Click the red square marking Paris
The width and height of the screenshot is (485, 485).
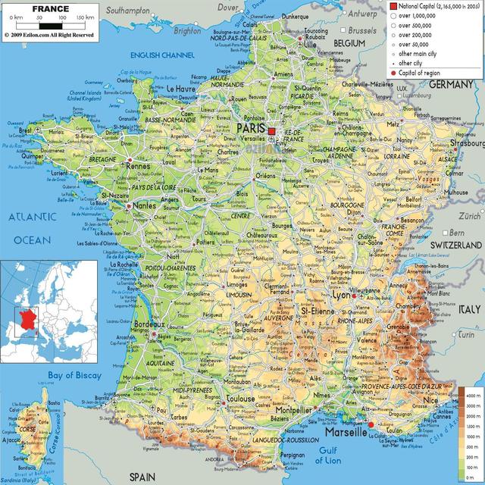[x=272, y=131]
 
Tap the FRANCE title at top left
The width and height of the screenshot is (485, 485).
[x=51, y=10]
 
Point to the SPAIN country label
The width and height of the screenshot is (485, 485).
[x=142, y=476]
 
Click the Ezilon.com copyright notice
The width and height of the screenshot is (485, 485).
[x=48, y=35]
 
